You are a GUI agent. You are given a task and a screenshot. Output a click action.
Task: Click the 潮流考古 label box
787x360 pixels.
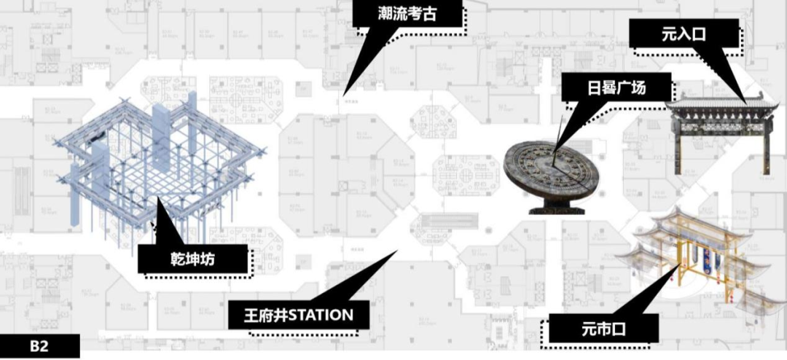pos(408,14)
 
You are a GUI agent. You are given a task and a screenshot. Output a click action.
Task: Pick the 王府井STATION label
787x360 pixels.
pos(299,316)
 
